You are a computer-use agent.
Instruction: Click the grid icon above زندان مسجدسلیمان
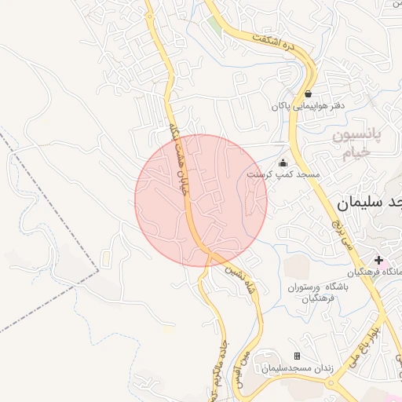(x=297, y=356)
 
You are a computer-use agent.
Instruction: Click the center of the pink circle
(x=201, y=200)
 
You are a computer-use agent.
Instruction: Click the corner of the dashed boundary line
(x=100, y=271)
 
